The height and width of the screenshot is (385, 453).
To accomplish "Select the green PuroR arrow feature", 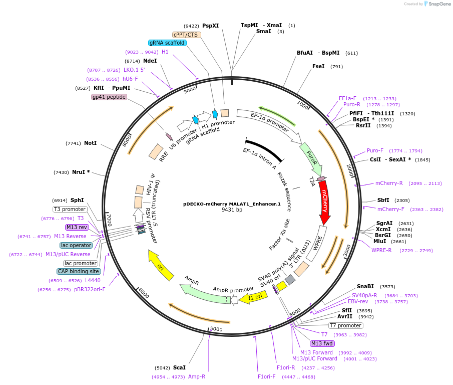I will [311, 158].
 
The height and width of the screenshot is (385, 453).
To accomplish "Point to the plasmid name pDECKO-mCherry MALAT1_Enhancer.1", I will [232, 204].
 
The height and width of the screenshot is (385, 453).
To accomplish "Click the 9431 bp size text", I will [232, 210].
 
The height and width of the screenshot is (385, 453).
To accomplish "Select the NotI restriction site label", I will [90, 143].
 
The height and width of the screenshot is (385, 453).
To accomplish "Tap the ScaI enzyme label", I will [179, 367].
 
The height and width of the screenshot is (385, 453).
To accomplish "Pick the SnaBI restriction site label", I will [365, 286].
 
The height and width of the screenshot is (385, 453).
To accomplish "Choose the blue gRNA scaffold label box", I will [167, 43].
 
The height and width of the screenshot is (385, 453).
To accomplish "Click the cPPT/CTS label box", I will [186, 35].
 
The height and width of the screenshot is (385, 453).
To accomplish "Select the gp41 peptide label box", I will [109, 97].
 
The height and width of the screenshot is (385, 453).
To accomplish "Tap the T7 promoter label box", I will [346, 325].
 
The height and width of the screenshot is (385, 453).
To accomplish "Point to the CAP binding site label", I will [79, 271].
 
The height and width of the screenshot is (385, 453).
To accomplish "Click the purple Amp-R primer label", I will [197, 376].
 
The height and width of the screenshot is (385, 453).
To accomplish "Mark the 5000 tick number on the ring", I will [216, 329].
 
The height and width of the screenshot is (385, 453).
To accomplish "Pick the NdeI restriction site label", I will [150, 61].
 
